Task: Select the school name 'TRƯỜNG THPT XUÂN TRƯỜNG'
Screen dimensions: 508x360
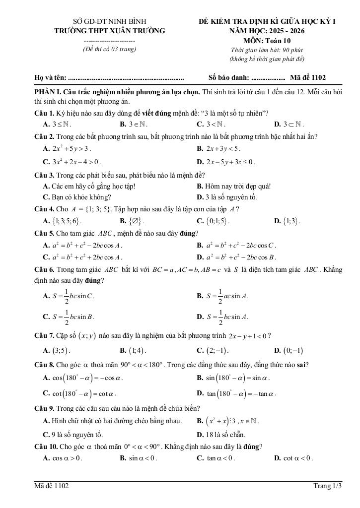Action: pos(110,31)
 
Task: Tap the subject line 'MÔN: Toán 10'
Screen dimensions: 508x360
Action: pos(268,40)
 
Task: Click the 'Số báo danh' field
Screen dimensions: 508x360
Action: pos(247,77)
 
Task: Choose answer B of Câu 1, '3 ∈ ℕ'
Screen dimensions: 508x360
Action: pos(134,125)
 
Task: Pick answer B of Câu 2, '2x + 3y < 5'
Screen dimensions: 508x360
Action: pos(218,148)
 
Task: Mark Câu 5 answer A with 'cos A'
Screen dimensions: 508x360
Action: pos(83,245)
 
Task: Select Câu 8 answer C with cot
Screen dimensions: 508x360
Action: pos(79,394)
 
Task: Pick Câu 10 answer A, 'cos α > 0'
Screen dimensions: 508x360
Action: pos(63,458)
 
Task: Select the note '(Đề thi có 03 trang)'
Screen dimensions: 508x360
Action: pos(109,49)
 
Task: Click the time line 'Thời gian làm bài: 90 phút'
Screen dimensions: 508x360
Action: pos(267,50)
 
